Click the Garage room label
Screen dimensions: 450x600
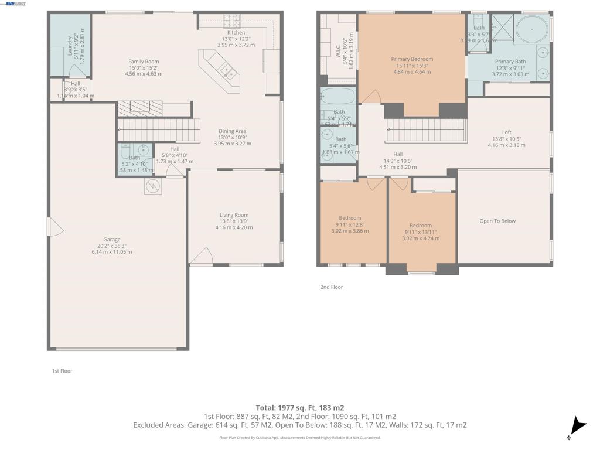click(112, 240)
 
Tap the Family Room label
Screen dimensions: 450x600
click(144, 62)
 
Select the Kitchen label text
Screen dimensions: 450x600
click(236, 33)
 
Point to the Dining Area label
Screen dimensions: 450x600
click(233, 131)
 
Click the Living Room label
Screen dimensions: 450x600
click(234, 215)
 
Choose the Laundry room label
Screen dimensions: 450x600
click(70, 47)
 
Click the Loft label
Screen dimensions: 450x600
click(506, 132)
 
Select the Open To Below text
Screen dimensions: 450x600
click(497, 221)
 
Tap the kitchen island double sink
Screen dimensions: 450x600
click(227, 71)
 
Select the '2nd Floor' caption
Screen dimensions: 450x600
click(332, 287)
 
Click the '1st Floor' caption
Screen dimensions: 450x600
click(62, 371)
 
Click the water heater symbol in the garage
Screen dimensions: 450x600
click(153, 186)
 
